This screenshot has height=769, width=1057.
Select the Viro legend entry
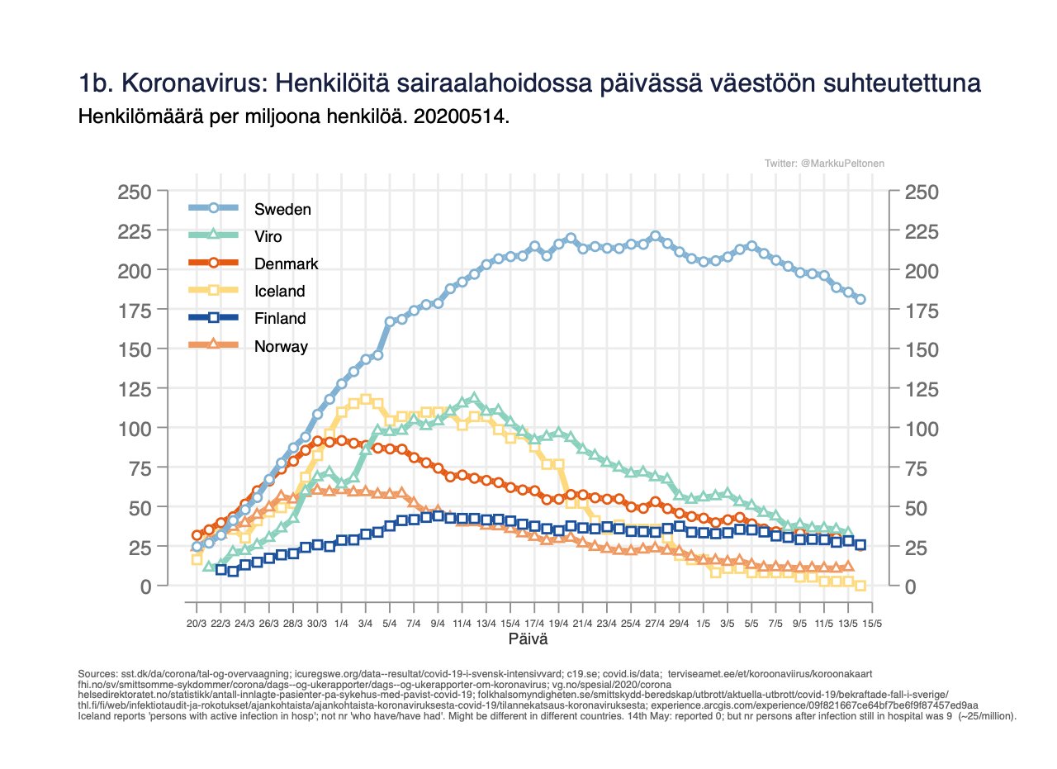268,236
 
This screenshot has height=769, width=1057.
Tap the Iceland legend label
280,291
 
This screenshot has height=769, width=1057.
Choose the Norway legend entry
281,346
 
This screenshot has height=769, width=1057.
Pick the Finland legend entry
280,318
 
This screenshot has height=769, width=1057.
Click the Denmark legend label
286,263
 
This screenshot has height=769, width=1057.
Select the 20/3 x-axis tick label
197,623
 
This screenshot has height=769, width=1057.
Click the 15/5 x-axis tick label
873,623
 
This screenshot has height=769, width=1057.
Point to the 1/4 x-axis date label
341,623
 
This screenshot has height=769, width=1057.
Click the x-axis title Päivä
528,639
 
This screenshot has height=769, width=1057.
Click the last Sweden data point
860,300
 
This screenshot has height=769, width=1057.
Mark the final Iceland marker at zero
860,586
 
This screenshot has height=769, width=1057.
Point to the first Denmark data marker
197,535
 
